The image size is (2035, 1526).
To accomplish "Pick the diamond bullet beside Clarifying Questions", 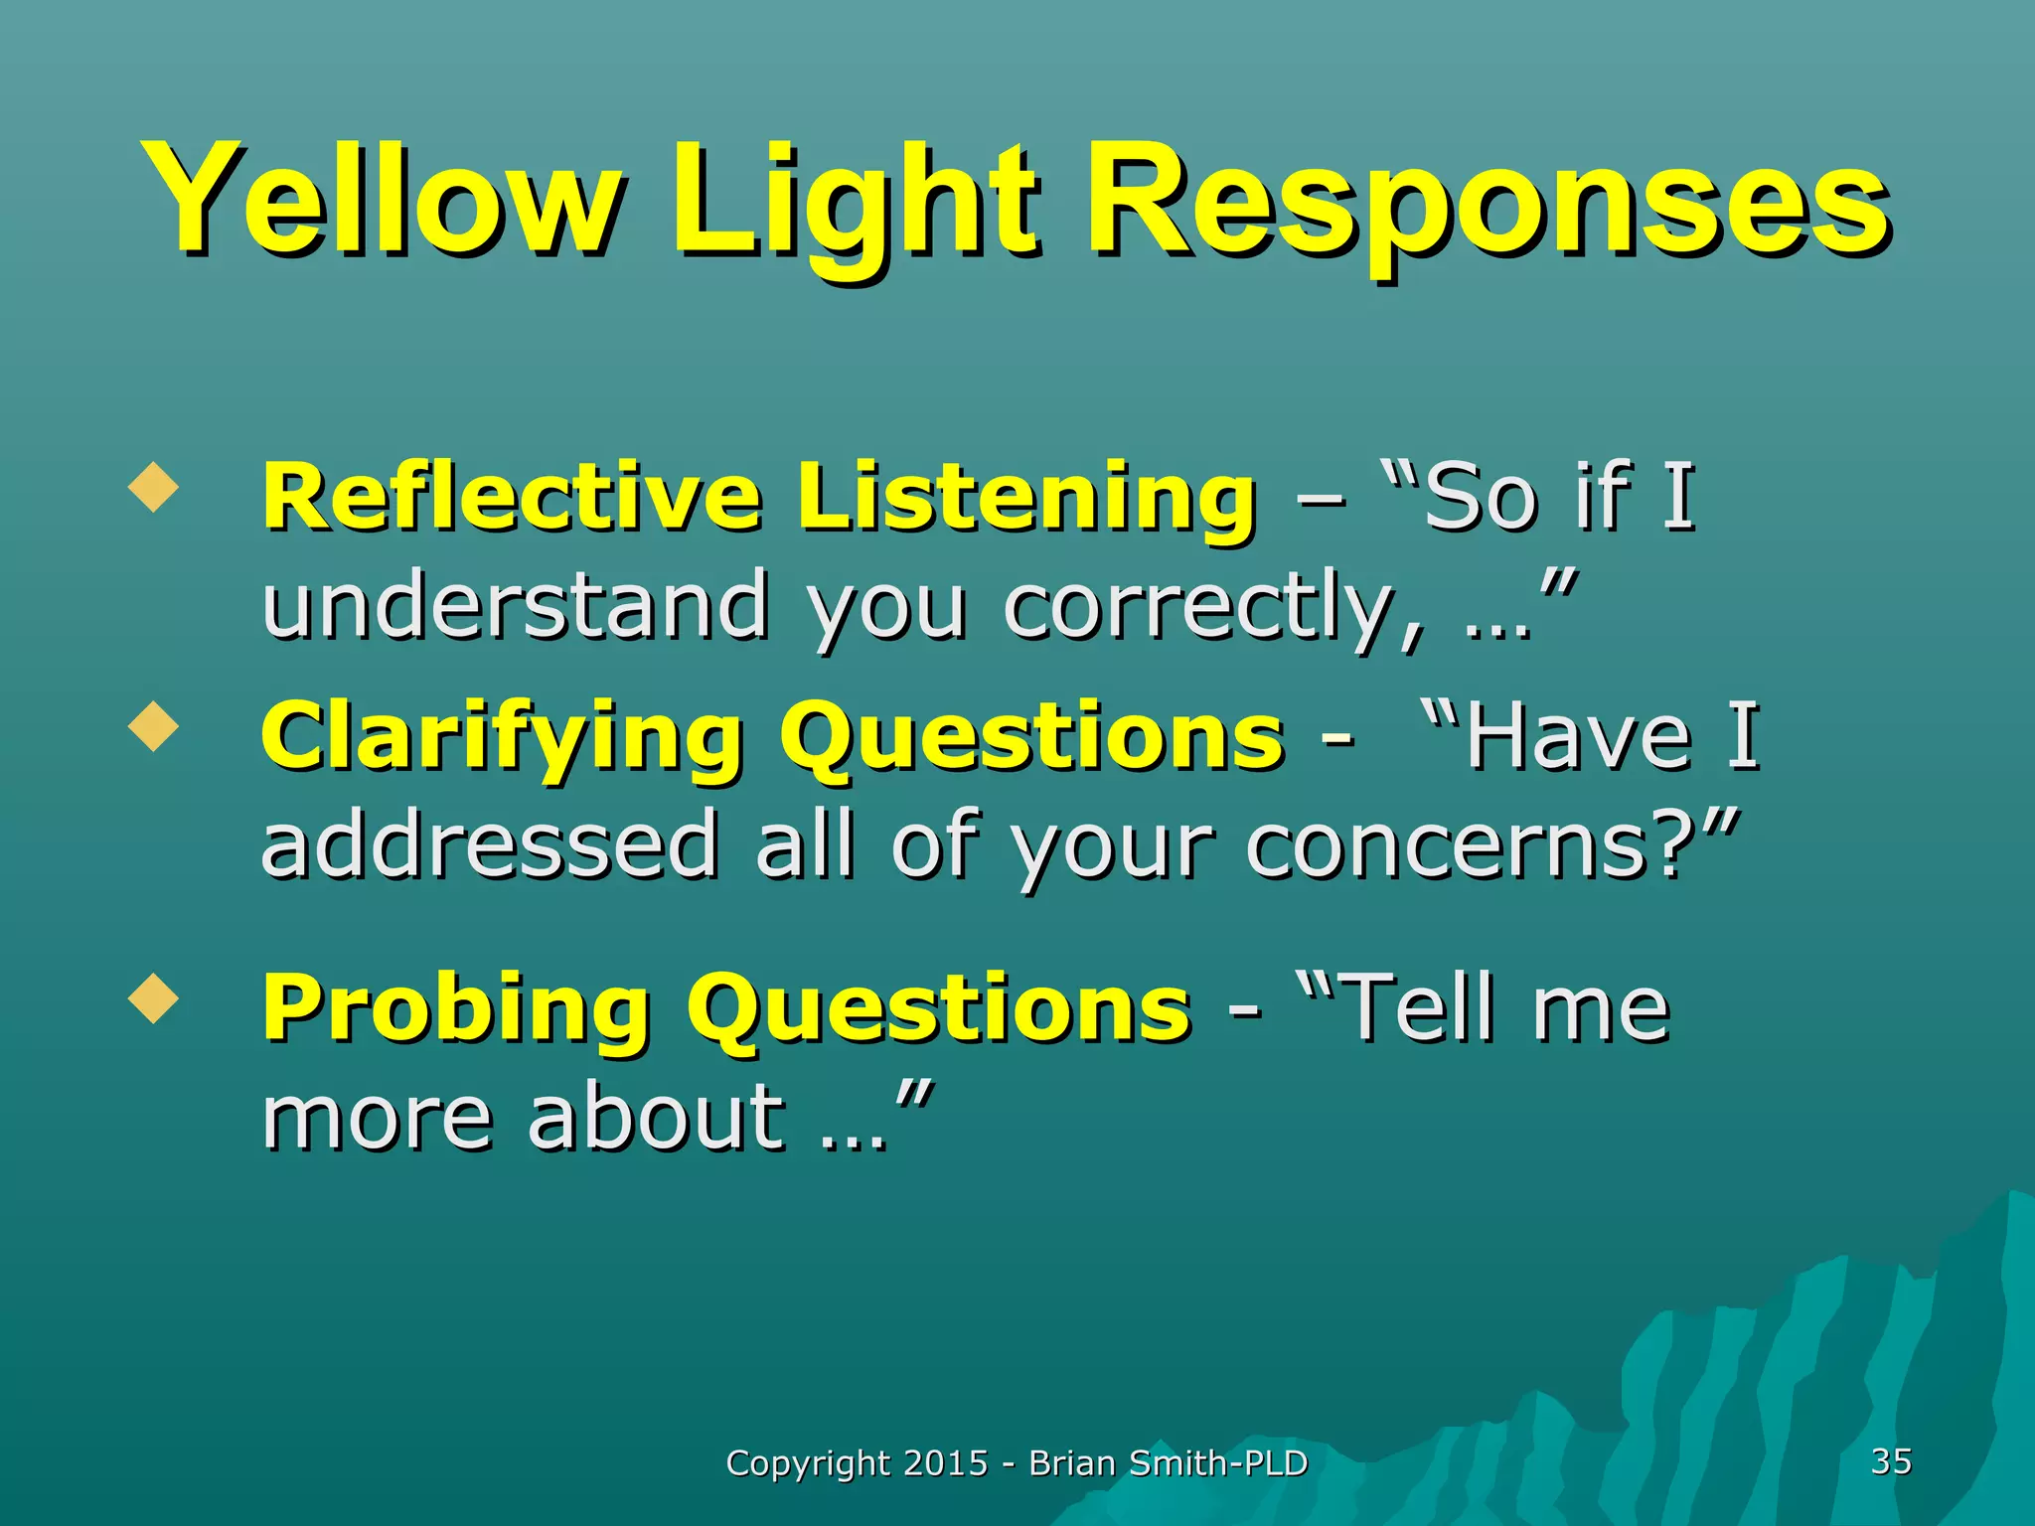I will pyautogui.click(x=154, y=727).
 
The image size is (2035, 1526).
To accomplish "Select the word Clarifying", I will pyautogui.click(x=502, y=737).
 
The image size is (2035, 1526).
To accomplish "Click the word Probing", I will pyautogui.click(x=456, y=1007).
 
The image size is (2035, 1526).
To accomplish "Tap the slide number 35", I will pyautogui.click(x=1891, y=1460).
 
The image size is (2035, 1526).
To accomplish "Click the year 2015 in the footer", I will pyautogui.click(x=946, y=1462).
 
